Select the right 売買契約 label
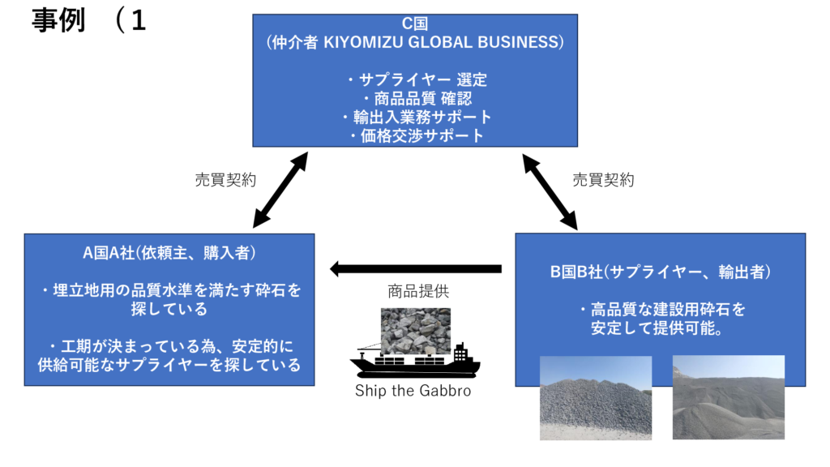(603, 180)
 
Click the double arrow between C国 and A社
(280, 188)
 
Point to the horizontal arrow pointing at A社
(415, 268)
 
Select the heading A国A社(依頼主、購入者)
(169, 253)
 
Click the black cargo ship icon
(414, 362)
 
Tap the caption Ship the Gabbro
(413, 391)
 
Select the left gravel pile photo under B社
(596, 397)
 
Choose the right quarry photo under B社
(728, 396)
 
